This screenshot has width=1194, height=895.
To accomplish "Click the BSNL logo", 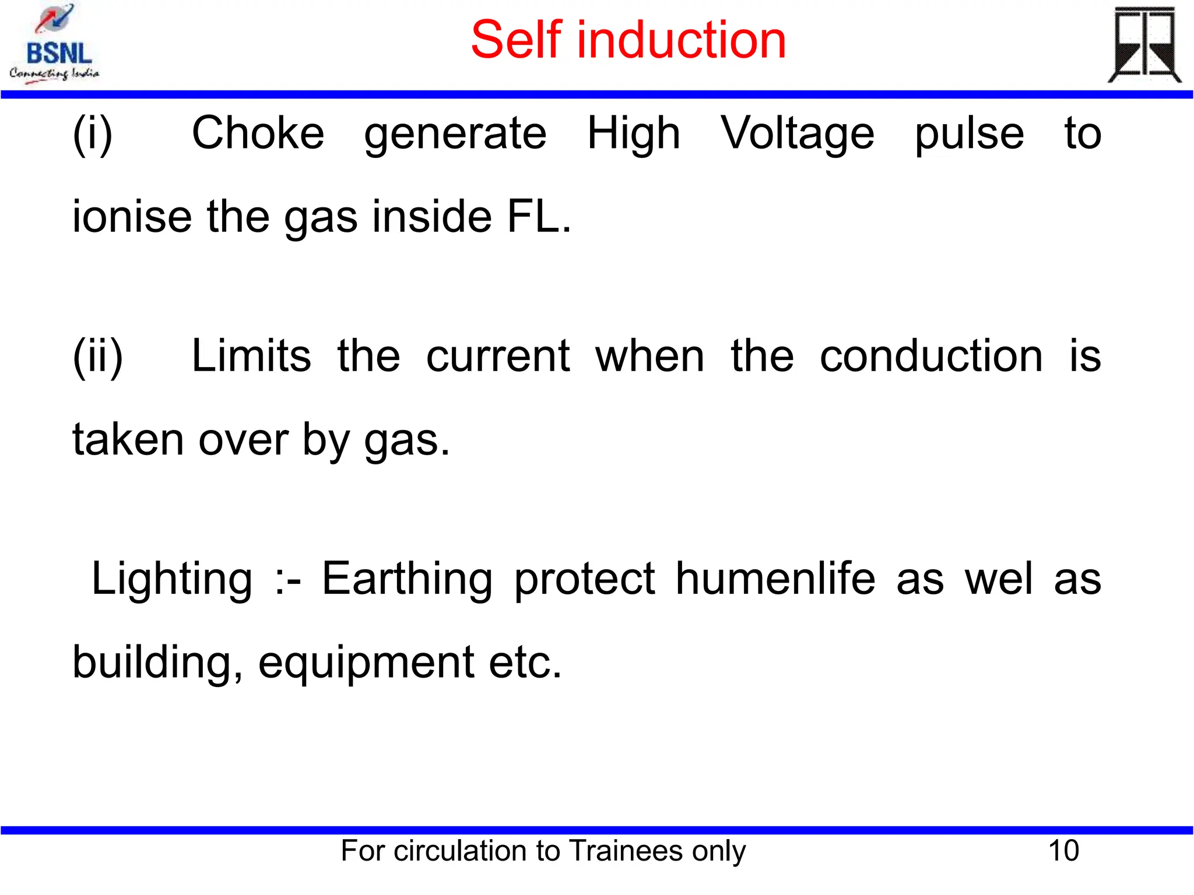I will click(55, 44).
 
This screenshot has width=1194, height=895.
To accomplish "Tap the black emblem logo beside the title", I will click(1144, 45).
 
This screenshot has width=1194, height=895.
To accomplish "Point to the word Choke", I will click(258, 133).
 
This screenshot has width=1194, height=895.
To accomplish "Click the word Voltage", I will click(797, 134).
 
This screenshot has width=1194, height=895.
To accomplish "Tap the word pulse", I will click(969, 134).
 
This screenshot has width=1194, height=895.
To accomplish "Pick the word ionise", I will click(132, 216).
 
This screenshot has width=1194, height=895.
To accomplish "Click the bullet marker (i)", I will click(92, 134).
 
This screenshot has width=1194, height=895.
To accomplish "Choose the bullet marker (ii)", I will click(98, 356).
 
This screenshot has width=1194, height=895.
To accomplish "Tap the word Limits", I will click(251, 356).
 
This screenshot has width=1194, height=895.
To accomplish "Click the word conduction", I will click(931, 356).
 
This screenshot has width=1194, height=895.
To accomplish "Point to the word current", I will click(497, 356).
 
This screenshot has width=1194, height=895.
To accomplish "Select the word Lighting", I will click(172, 579).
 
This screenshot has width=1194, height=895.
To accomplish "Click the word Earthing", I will click(407, 579).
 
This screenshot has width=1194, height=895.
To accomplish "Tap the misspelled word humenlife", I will click(775, 579).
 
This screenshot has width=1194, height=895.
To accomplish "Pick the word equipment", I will click(366, 663).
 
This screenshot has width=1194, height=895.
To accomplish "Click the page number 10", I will click(1063, 851).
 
